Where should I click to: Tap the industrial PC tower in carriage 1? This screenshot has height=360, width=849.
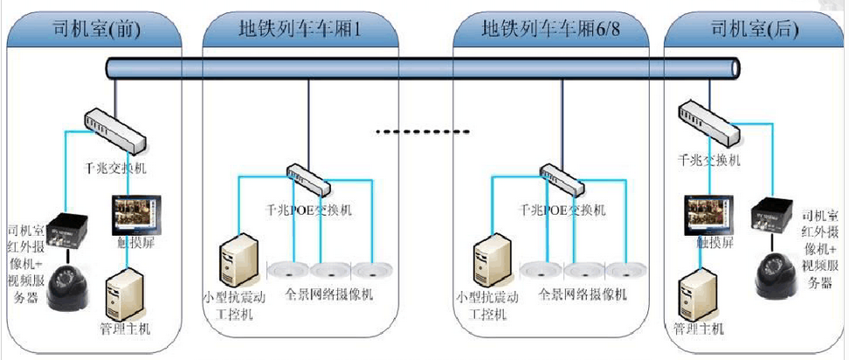pyautogui.click(x=237, y=260)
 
